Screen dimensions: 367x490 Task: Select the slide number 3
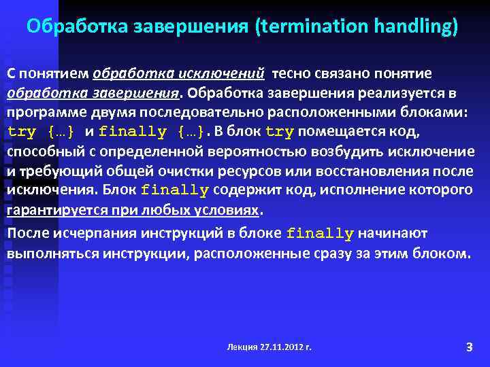tap(469, 347)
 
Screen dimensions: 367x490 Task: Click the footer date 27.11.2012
tap(282, 347)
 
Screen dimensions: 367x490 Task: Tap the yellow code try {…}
tap(41, 132)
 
